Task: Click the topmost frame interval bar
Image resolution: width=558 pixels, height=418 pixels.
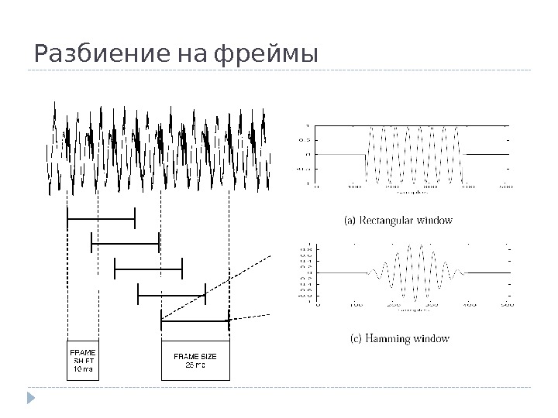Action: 102,219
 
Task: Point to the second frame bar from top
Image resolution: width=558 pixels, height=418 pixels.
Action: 125,243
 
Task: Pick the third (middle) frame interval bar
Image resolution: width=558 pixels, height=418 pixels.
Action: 148,268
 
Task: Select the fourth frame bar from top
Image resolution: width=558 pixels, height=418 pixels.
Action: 171,293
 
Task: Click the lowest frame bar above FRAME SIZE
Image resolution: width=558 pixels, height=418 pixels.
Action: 195,318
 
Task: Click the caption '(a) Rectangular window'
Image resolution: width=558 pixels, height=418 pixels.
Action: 398,221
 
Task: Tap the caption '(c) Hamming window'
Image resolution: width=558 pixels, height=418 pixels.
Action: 396,339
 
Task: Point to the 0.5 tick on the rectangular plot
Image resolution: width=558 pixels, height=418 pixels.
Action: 305,140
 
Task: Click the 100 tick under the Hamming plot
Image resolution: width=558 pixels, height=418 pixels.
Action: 355,304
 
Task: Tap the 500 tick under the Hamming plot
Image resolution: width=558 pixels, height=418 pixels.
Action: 507,304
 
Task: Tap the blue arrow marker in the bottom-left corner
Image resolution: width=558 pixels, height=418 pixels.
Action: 31,398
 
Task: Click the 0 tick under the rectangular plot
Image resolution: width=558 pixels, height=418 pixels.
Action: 317,187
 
